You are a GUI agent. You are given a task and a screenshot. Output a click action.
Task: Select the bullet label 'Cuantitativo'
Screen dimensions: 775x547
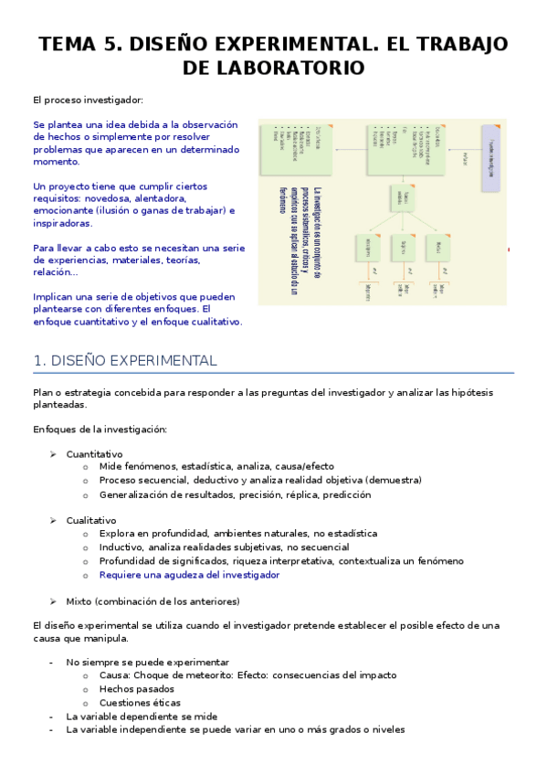pyautogui.click(x=94, y=454)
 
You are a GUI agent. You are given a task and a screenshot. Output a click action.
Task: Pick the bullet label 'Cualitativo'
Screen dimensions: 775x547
pyautogui.click(x=91, y=520)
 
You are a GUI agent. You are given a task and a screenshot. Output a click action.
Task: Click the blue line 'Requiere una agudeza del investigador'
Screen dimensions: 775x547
pyautogui.click(x=189, y=575)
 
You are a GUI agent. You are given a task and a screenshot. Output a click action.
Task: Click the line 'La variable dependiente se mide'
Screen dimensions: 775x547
pyautogui.click(x=142, y=717)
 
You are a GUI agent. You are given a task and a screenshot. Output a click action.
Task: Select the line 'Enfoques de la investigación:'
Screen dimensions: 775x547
pyautogui.click(x=100, y=430)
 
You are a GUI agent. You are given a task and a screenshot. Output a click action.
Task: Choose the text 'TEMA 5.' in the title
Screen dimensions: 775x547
pyautogui.click(x=73, y=45)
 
